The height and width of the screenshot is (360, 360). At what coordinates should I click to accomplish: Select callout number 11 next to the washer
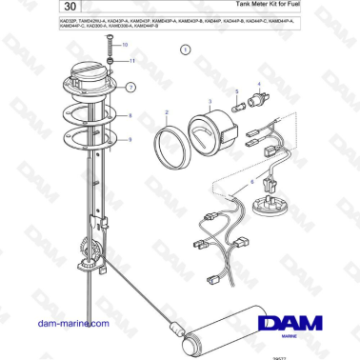point(132,60)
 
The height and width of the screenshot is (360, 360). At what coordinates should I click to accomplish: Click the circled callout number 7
point(131,87)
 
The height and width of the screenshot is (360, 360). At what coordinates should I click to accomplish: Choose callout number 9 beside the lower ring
point(131,139)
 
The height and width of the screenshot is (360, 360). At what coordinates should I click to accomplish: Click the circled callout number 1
point(184,72)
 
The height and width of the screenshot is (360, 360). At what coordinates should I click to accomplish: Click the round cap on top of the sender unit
point(86,75)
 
